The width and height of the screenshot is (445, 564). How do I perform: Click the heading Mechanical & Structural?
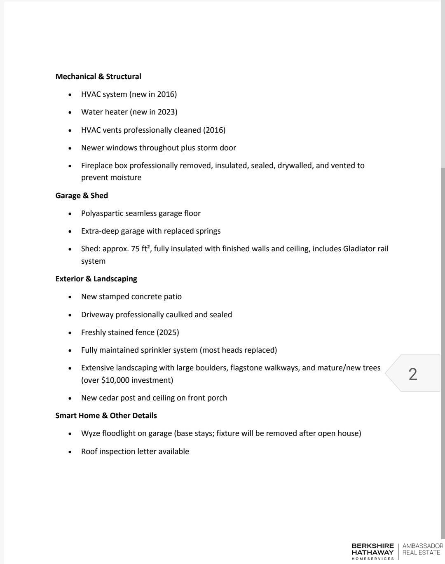pos(98,77)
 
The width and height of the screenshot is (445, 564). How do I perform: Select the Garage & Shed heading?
pos(82,196)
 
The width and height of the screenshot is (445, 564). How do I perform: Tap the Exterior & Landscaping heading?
pos(96,279)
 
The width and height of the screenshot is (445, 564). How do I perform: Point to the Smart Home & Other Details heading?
pos(106,416)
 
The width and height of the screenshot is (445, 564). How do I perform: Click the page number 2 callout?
pos(413,374)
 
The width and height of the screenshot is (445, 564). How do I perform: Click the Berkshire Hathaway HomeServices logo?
pos(372,551)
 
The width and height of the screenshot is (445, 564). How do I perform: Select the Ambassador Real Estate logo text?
pos(422,549)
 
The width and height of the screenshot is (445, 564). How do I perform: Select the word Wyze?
pos(90,433)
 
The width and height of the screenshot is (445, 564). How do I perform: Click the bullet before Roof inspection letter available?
pos(70,452)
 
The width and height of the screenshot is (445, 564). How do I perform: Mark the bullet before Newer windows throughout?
pos(70,148)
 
